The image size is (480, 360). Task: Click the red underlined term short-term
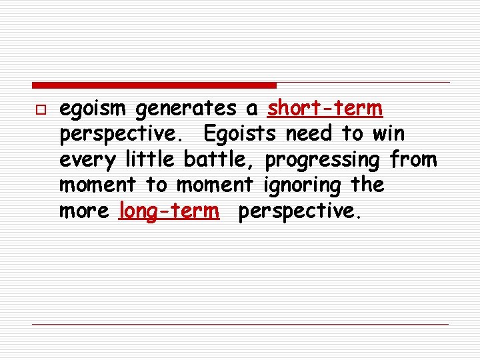point(325,108)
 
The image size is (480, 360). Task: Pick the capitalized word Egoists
point(240,134)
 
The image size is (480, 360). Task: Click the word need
point(310,134)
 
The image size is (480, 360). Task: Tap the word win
point(388,134)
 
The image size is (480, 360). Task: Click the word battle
point(219,159)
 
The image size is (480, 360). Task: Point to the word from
point(414,159)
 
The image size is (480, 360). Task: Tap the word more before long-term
point(85,211)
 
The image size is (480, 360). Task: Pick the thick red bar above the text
point(154,85)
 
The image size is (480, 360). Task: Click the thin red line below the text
point(240,324)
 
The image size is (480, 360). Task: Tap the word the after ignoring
point(367,185)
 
